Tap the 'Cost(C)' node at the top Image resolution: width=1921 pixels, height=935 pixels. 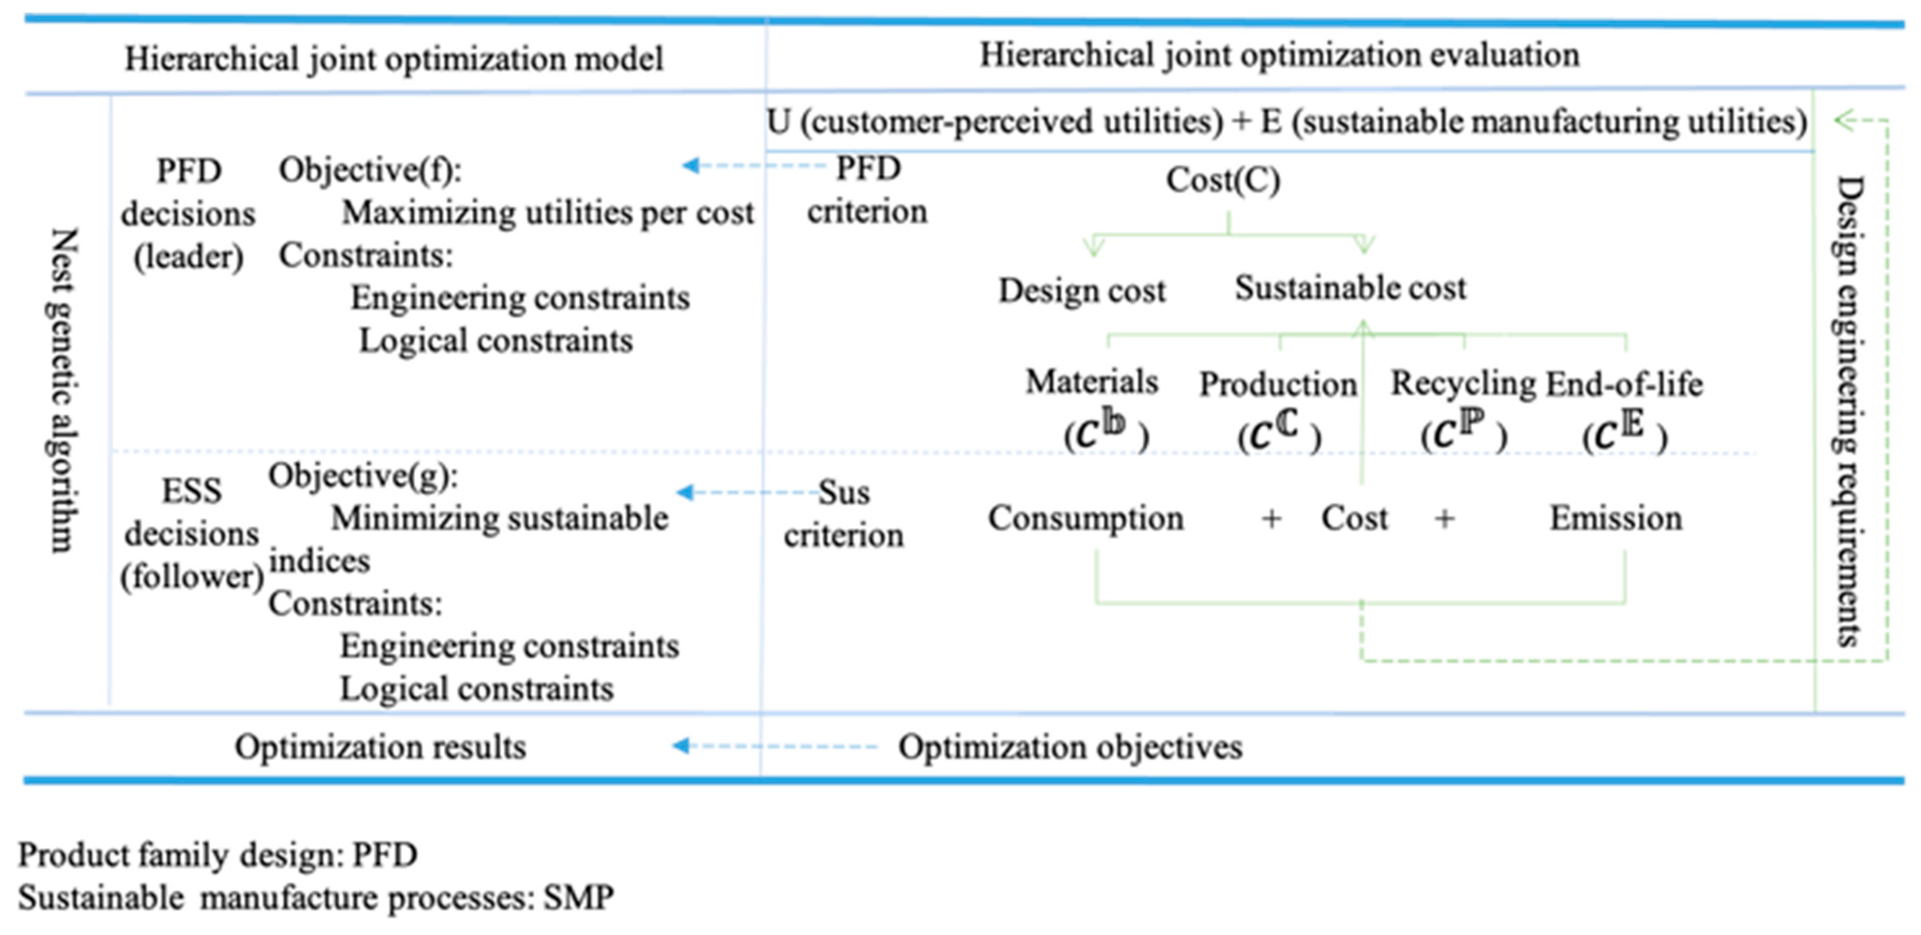pyautogui.click(x=1223, y=180)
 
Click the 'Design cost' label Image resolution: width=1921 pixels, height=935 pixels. pyautogui.click(x=1081, y=290)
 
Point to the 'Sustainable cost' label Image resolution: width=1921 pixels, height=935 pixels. pyautogui.click(x=1350, y=288)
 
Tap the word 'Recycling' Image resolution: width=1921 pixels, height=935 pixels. pyautogui.click(x=1462, y=383)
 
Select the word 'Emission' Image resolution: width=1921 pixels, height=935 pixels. pyautogui.click(x=1616, y=518)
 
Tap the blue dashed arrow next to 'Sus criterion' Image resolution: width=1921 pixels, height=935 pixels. pyautogui.click(x=746, y=492)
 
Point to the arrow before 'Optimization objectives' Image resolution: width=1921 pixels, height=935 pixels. pyautogui.click(x=776, y=746)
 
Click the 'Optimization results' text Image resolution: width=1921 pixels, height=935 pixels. pyautogui.click(x=380, y=746)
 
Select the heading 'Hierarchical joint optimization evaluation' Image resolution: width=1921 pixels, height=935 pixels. pyautogui.click(x=1279, y=55)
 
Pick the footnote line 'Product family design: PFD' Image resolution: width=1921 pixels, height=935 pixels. pyautogui.click(x=218, y=855)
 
